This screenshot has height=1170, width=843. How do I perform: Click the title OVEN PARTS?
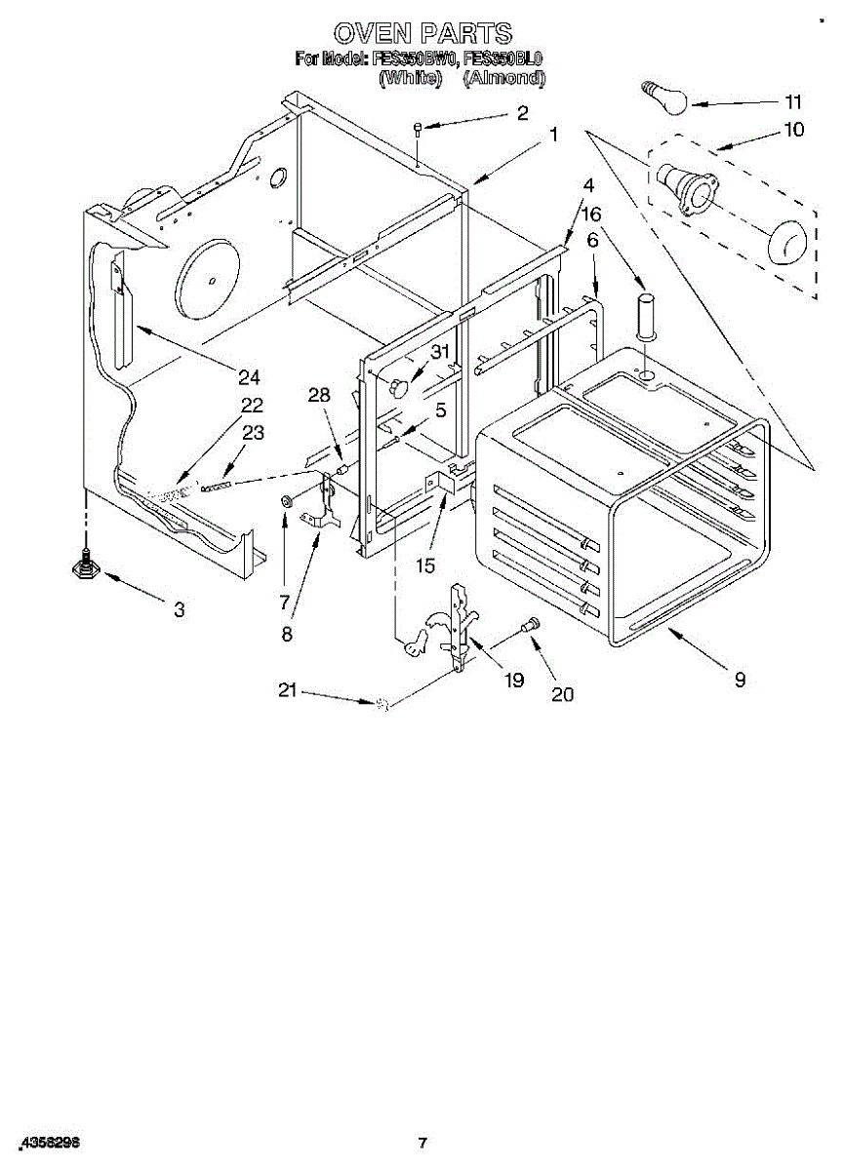pos(421,35)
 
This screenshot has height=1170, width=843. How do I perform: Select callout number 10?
pos(794,129)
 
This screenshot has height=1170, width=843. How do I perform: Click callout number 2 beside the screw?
pos(523,113)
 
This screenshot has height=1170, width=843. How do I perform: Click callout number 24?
pos(250,377)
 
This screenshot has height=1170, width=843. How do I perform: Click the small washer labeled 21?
pos(383,704)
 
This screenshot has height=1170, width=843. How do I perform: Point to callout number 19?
pos(513,680)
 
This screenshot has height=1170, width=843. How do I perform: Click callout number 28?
pos(319,395)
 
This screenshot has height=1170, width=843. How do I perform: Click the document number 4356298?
pos(49,1141)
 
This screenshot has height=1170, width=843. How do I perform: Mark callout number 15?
pos(424,565)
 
